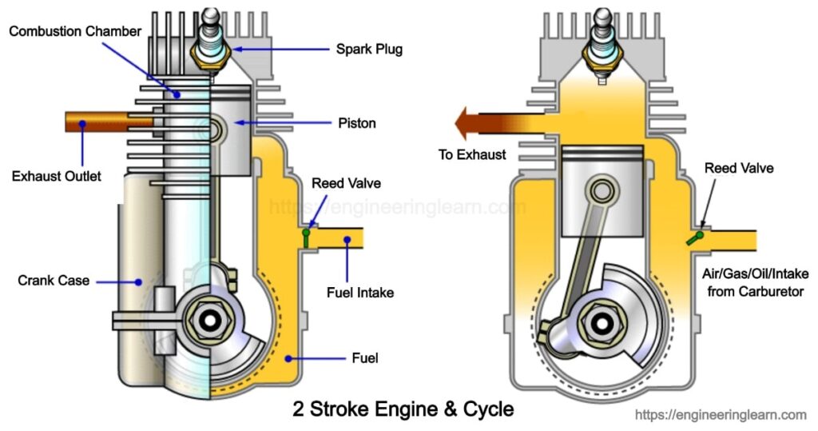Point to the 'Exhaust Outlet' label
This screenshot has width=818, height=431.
click(57, 176)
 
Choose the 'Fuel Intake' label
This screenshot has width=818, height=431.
click(359, 293)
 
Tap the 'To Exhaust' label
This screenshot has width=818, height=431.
click(472, 154)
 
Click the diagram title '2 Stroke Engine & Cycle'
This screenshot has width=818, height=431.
click(403, 409)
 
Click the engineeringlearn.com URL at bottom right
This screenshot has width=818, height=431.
click(721, 415)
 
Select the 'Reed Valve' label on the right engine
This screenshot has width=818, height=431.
click(739, 168)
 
